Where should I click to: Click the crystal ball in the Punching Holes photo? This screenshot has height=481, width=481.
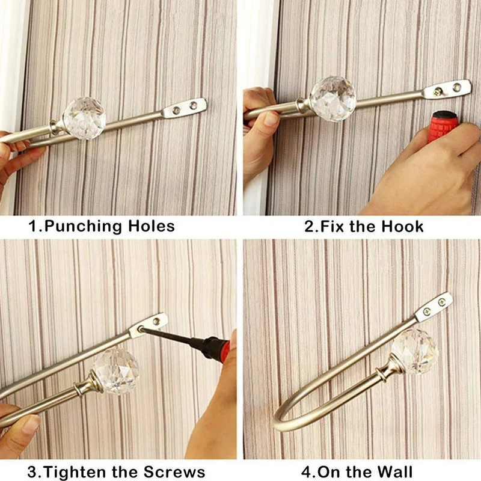pos(84,118)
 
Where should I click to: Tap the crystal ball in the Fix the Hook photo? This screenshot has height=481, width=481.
pos(333,98)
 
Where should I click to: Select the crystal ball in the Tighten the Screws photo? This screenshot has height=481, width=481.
pos(116,370)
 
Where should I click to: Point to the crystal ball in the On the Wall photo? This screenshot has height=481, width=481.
pos(414,351)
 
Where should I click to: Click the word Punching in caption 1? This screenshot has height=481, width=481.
pos(83,227)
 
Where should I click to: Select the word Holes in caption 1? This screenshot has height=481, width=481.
pos(152,226)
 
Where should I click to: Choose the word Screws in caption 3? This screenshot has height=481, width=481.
pos(174,471)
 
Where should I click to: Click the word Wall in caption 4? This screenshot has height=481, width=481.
pos(395,471)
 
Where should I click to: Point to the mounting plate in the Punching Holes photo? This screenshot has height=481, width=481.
pos(184,108)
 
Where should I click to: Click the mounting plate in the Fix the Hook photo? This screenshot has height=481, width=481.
pos(447,89)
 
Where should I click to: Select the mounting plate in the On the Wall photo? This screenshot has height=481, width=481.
pos(434,307)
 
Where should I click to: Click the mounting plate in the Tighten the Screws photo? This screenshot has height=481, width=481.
pos(149,325)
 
